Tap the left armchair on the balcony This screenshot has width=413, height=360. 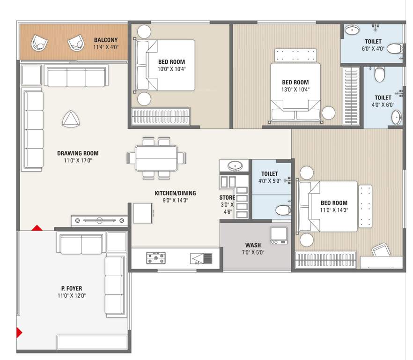click(x=39, y=44)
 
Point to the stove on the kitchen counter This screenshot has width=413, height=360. click(x=155, y=258)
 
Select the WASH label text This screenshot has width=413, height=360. click(x=253, y=245)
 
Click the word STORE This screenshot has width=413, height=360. click(x=227, y=198)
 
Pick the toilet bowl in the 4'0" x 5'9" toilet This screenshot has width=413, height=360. click(x=282, y=210)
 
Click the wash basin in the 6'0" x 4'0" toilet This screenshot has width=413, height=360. click(x=352, y=31)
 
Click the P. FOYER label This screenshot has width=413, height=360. click(x=71, y=288)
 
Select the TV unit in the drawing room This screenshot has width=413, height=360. click(x=99, y=220)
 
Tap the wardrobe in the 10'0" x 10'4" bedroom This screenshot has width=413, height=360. click(x=162, y=117)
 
